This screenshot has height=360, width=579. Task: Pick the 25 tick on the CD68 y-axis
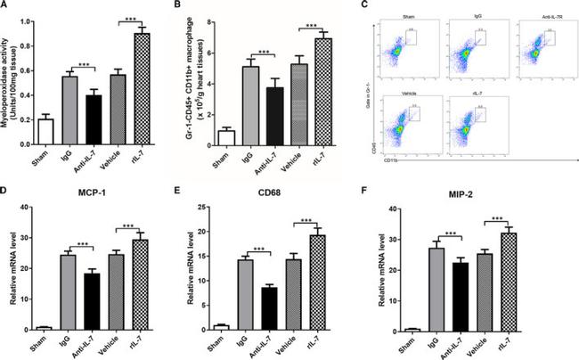pos(217,208)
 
